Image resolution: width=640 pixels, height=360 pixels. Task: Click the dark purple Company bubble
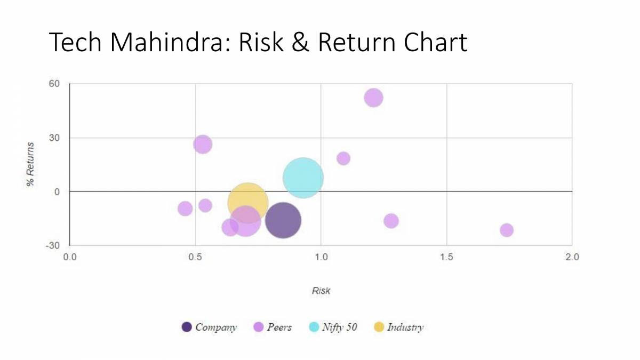(283, 220)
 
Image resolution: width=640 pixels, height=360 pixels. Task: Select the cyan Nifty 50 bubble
(303, 178)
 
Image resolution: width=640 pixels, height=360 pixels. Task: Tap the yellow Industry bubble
(247, 202)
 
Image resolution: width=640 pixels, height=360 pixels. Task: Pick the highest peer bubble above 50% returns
(373, 98)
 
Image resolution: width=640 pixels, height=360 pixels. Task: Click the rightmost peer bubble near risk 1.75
(507, 230)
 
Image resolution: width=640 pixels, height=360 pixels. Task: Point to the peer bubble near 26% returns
(203, 144)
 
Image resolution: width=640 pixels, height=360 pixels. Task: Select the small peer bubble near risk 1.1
(343, 158)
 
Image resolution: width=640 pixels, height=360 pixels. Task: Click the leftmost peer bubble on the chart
(185, 209)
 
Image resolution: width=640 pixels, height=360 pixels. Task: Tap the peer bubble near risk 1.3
(391, 221)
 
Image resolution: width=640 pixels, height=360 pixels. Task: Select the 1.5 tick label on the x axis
(446, 257)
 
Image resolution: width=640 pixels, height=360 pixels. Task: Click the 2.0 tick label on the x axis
(572, 257)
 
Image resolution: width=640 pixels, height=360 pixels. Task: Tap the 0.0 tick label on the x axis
(70, 257)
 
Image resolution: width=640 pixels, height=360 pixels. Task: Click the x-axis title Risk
(321, 291)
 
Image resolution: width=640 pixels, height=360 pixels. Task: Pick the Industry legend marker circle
(379, 327)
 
